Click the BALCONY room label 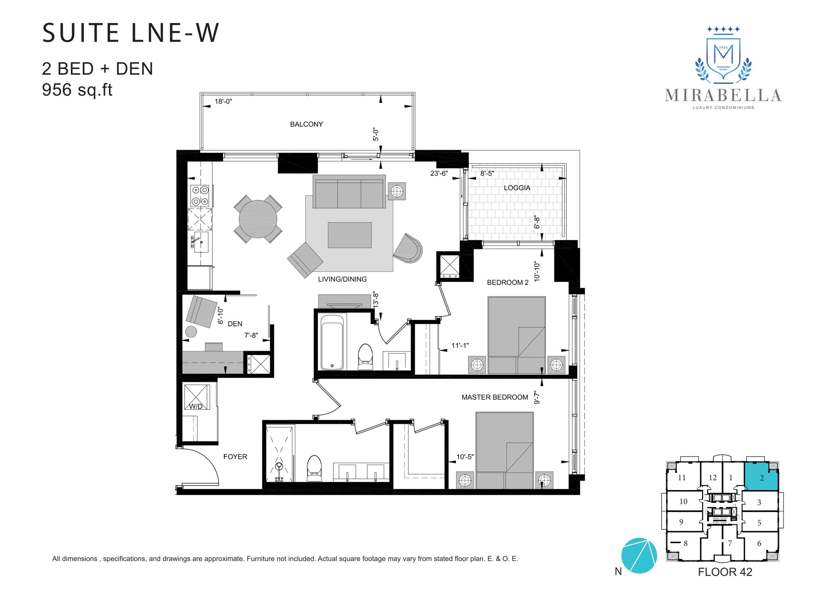[306, 124]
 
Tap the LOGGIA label [517, 188]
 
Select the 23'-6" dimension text [439, 174]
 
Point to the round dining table [258, 219]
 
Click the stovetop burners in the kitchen [200, 196]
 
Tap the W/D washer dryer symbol [196, 397]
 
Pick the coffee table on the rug [349, 235]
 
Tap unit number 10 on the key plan [683, 502]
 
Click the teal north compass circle [639, 556]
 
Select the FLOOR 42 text [724, 572]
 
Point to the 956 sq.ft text [77, 90]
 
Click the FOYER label [235, 457]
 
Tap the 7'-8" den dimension [251, 335]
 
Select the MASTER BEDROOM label [494, 397]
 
